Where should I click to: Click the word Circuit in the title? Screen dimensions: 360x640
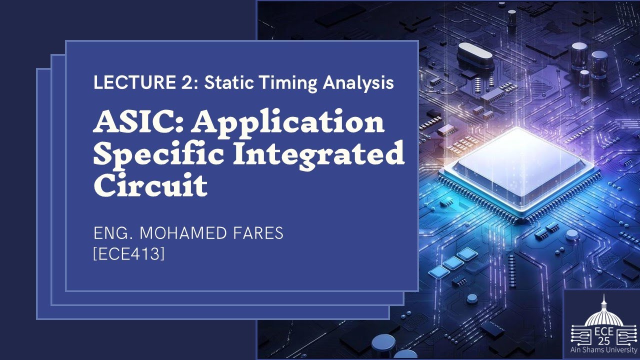[x=150, y=185]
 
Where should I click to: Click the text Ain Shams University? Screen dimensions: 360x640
[x=604, y=350]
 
